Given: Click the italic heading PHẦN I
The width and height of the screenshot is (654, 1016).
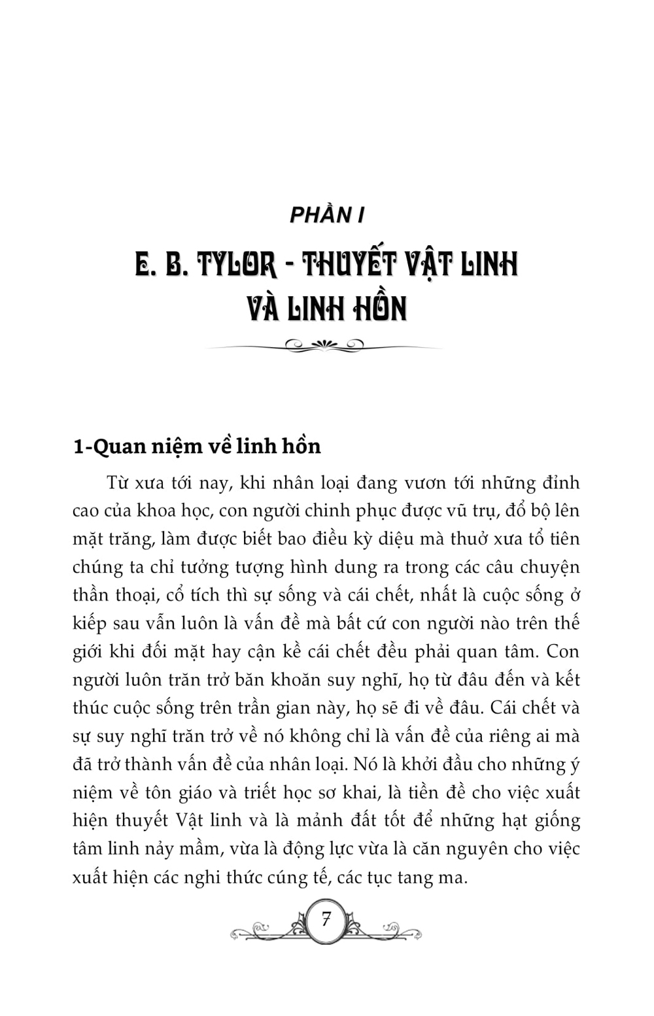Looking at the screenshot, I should pos(326,215).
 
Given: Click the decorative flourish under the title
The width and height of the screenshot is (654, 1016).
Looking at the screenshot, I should pos(325,346).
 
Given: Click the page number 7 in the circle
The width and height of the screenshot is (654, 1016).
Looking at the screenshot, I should pos(326,919).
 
